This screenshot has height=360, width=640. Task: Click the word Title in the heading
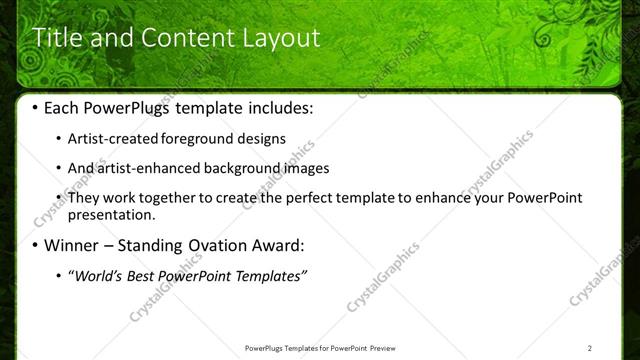point(58,39)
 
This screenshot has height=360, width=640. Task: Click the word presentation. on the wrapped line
point(111,214)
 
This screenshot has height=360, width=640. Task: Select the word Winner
point(72,245)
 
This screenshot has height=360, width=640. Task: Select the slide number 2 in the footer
point(591,348)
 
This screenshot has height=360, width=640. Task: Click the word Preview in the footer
point(386,348)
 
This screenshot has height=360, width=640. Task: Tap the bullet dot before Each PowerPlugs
point(37,108)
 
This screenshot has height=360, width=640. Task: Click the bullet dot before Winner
point(37,246)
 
